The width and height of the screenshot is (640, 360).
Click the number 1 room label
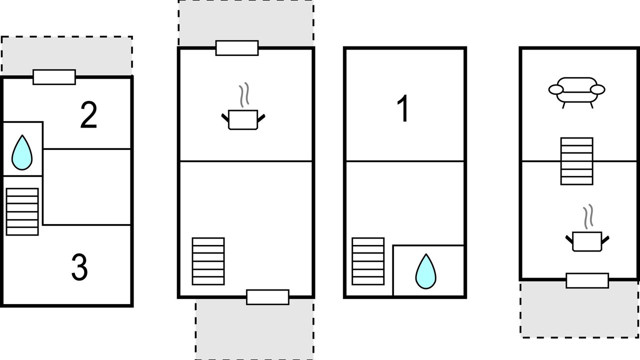click(403, 108)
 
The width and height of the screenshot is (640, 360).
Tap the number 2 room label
click(88, 115)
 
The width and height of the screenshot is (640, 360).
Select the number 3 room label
click(79, 267)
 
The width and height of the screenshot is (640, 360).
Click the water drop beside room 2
click(22, 152)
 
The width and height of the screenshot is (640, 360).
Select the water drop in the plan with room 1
click(425, 271)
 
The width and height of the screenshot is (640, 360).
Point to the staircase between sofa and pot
click(576, 161)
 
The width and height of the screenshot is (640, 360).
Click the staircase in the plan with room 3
click(22, 211)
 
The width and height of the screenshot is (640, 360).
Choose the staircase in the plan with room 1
click(368, 261)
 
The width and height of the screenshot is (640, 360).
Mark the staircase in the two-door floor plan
click(208, 261)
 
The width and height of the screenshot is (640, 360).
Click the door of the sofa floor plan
click(587, 280)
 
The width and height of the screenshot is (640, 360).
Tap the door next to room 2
click(54, 77)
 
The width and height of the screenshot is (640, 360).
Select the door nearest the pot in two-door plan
click(237, 48)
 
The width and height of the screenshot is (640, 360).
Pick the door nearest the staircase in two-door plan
click(267, 297)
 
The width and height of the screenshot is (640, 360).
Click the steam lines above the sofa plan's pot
click(588, 216)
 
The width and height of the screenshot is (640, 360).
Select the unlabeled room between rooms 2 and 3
click(87, 187)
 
